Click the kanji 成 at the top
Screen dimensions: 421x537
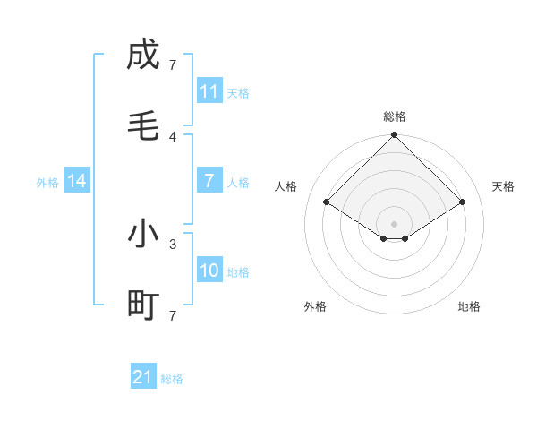[143, 55]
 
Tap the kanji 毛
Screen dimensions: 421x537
[143, 127]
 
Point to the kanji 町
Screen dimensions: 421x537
[143, 306]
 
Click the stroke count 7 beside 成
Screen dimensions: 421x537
[173, 64]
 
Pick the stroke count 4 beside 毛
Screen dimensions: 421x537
[173, 136]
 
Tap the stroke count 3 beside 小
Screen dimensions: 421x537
[173, 243]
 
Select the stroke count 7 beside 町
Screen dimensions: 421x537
[173, 315]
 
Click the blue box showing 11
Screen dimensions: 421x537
[209, 91]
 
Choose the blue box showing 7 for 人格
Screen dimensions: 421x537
[209, 181]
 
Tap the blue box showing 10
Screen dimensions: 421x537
[209, 271]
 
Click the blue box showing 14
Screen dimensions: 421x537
[77, 181]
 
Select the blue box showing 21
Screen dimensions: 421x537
[143, 377]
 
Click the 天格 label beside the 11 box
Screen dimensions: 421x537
[238, 92]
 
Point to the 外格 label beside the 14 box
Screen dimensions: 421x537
[47, 182]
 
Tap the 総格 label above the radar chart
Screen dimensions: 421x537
[395, 116]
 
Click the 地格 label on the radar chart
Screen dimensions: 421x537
[469, 306]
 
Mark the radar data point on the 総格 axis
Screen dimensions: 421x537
[395, 136]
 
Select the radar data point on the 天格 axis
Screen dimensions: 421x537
[463, 202]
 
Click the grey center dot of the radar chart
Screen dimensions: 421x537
[395, 223]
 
